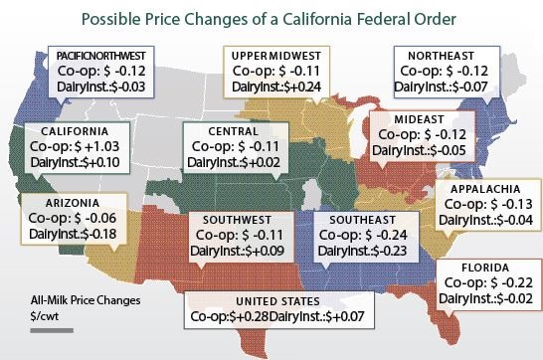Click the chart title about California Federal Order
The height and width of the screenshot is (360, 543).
pos(271,18)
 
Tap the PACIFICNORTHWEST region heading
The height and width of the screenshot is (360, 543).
pos(102,56)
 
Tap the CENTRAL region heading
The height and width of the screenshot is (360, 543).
pos(233,130)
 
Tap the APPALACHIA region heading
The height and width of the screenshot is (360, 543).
pos(485,189)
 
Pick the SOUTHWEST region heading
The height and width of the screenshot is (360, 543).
pos(236,220)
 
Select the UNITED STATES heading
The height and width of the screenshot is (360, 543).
pos(271,299)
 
